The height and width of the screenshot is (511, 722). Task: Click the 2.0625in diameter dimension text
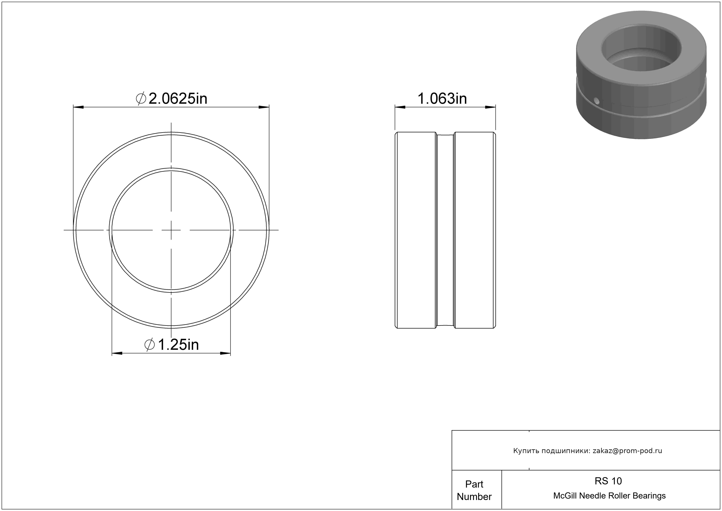[x=178, y=99]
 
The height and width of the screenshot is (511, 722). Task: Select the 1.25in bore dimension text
[x=178, y=345]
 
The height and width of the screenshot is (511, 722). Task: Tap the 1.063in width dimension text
[x=442, y=99]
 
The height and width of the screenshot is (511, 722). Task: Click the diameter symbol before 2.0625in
[x=141, y=99]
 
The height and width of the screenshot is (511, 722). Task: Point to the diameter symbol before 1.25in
[x=150, y=345]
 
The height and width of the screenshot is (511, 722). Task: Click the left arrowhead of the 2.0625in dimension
[x=79, y=107]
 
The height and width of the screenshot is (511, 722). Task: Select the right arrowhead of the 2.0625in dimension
[x=264, y=107]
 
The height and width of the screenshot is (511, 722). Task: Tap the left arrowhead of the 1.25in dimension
[x=117, y=353]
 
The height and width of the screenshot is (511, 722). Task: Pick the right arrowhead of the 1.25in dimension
[x=225, y=353]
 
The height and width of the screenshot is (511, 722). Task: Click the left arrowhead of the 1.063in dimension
[x=400, y=107]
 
